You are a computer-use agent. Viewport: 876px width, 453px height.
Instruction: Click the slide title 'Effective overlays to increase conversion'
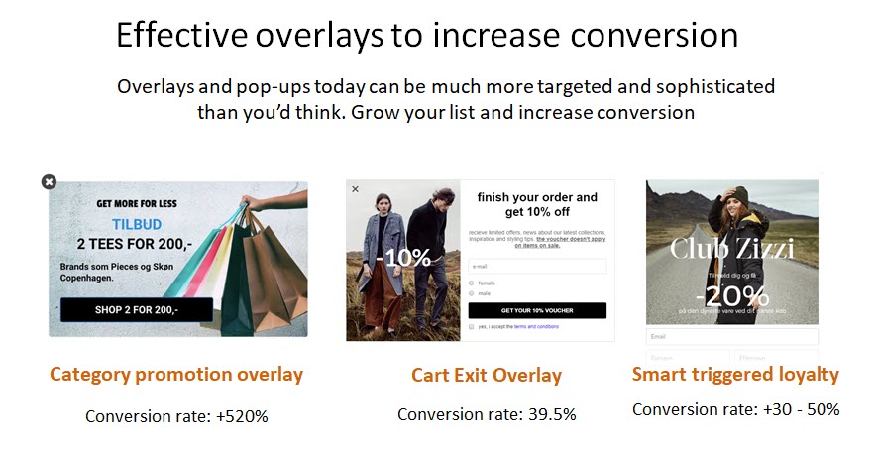[427, 35]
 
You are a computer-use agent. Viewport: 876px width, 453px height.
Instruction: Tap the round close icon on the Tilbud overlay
[49, 181]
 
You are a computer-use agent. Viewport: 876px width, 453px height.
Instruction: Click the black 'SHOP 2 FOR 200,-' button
[137, 309]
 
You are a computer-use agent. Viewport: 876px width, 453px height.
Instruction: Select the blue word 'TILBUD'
[137, 224]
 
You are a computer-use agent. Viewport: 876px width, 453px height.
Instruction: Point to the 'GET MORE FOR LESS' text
[137, 203]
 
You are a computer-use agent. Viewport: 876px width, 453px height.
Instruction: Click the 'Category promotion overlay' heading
[176, 375]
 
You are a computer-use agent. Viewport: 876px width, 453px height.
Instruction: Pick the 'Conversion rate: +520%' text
[176, 416]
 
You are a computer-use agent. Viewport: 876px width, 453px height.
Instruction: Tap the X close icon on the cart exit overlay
[356, 188]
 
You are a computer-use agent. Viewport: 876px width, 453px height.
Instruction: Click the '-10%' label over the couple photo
[403, 258]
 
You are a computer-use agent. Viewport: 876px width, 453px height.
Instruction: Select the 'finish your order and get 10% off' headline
[537, 204]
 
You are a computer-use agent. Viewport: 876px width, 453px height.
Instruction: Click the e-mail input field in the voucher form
[537, 266]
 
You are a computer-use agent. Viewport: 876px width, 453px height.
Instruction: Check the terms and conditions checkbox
[472, 326]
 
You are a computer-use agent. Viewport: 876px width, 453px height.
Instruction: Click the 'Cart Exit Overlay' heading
[487, 376]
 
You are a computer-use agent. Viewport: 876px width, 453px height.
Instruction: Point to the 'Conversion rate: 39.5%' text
[487, 414]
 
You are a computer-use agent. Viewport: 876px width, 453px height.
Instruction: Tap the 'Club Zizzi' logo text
[731, 248]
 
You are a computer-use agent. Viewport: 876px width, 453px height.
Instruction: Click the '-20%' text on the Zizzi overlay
[731, 294]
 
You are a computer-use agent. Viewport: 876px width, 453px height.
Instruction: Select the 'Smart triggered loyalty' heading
[735, 375]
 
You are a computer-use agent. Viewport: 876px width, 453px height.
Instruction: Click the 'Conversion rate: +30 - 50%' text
[735, 409]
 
